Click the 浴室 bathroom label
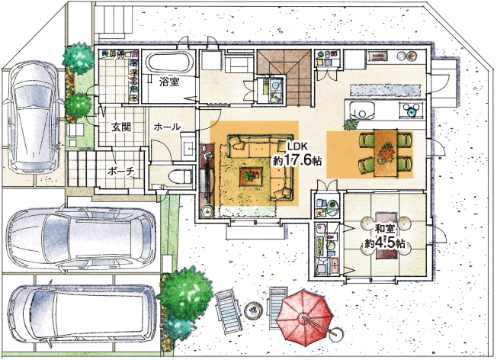[x=169, y=82]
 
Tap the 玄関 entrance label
[x=120, y=127]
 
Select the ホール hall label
[x=167, y=127]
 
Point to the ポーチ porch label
[x=121, y=172]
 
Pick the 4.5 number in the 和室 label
[x=386, y=243]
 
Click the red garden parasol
[x=305, y=319]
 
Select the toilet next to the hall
[x=181, y=175]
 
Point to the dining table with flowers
[x=385, y=153]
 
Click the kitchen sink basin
[x=361, y=111]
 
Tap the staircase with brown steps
[x=284, y=77]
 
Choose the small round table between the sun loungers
[x=252, y=310]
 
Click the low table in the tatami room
[x=386, y=236]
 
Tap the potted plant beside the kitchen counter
[x=350, y=124]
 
